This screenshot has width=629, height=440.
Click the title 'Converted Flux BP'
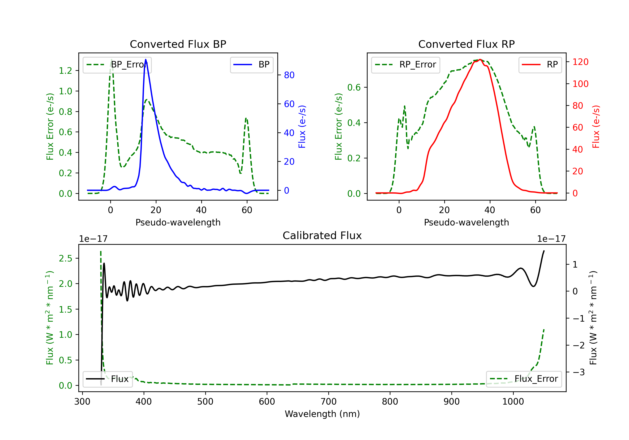pyautogui.click(x=178, y=44)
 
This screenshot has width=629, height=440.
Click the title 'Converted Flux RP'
pyautogui.click(x=466, y=44)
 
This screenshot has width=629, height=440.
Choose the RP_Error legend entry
pyautogui.click(x=405, y=65)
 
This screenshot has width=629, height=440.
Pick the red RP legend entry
pyautogui.click(x=540, y=65)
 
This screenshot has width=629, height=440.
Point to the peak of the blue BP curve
pyautogui.click(x=146, y=60)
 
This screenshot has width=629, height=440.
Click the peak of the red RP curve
pyautogui.click(x=480, y=60)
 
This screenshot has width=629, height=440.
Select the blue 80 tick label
pyautogui.click(x=289, y=75)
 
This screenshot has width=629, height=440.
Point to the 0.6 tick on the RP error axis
pyautogui.click(x=354, y=87)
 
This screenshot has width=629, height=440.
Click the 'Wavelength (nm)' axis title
pyautogui.click(x=322, y=414)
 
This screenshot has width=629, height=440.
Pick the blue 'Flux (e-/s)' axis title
pyautogui.click(x=302, y=127)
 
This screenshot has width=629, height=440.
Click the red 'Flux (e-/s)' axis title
pyautogui.click(x=596, y=127)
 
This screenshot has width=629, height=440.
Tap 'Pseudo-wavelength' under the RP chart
pyautogui.click(x=466, y=222)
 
